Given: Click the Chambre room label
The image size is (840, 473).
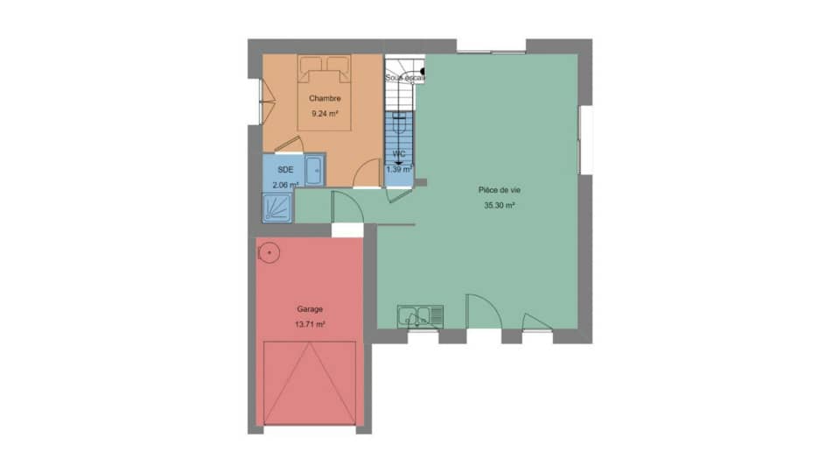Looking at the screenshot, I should [324, 98].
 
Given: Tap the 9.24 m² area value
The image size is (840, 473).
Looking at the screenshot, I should [324, 113].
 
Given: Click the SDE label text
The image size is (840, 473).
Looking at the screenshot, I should [285, 169].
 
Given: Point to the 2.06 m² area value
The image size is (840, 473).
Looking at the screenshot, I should [285, 185].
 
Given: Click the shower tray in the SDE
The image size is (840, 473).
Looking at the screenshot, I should [279, 208].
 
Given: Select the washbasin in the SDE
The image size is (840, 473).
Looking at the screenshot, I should [314, 169].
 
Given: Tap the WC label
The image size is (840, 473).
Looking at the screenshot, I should [400, 154].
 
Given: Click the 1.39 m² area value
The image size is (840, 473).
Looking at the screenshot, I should [399, 169].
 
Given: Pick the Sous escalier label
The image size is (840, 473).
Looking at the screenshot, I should [404, 78].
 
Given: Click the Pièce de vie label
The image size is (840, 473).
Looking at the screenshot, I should [500, 190].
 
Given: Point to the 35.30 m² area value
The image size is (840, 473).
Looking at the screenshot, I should [499, 207].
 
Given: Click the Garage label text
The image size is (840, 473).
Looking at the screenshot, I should [310, 308].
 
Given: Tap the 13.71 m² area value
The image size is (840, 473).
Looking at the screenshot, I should [310, 324].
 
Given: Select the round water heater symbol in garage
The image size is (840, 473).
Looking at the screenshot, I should [269, 253].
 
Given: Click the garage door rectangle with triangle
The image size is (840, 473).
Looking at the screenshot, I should [310, 383].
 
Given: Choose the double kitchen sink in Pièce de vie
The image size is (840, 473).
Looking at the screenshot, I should [420, 316].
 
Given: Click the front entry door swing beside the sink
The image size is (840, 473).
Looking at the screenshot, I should [480, 310].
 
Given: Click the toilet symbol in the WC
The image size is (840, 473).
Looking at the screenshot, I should [399, 125].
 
